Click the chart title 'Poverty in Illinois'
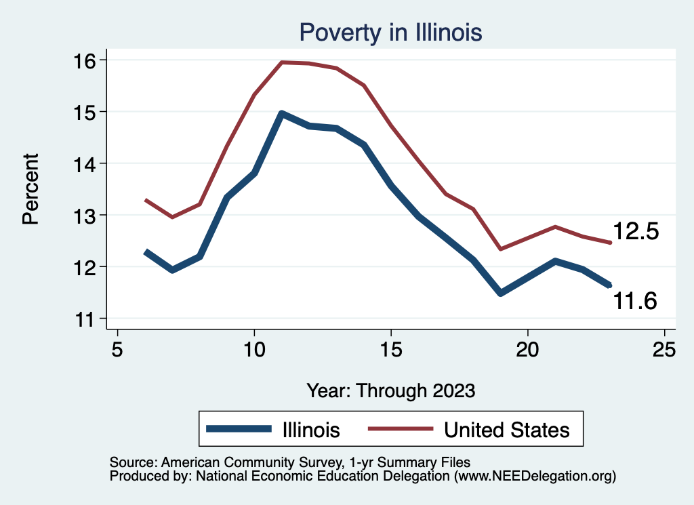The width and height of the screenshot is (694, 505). [390, 32]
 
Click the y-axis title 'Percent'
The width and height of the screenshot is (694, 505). [30, 189]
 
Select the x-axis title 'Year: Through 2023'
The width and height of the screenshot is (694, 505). [391, 390]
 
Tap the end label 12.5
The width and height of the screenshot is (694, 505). [636, 232]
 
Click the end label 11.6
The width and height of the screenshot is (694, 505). [635, 300]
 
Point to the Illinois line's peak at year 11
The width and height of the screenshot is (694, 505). [281, 113]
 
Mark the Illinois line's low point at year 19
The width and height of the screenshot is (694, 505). [501, 293]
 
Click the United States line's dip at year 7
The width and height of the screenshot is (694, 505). [172, 217]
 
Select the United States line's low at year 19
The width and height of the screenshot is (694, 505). [501, 249]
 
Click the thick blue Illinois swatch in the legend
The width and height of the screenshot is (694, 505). [233, 428]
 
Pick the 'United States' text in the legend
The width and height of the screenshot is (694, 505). [506, 429]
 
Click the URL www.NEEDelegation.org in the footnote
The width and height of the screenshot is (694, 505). [535, 477]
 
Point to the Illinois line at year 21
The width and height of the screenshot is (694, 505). [555, 261]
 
